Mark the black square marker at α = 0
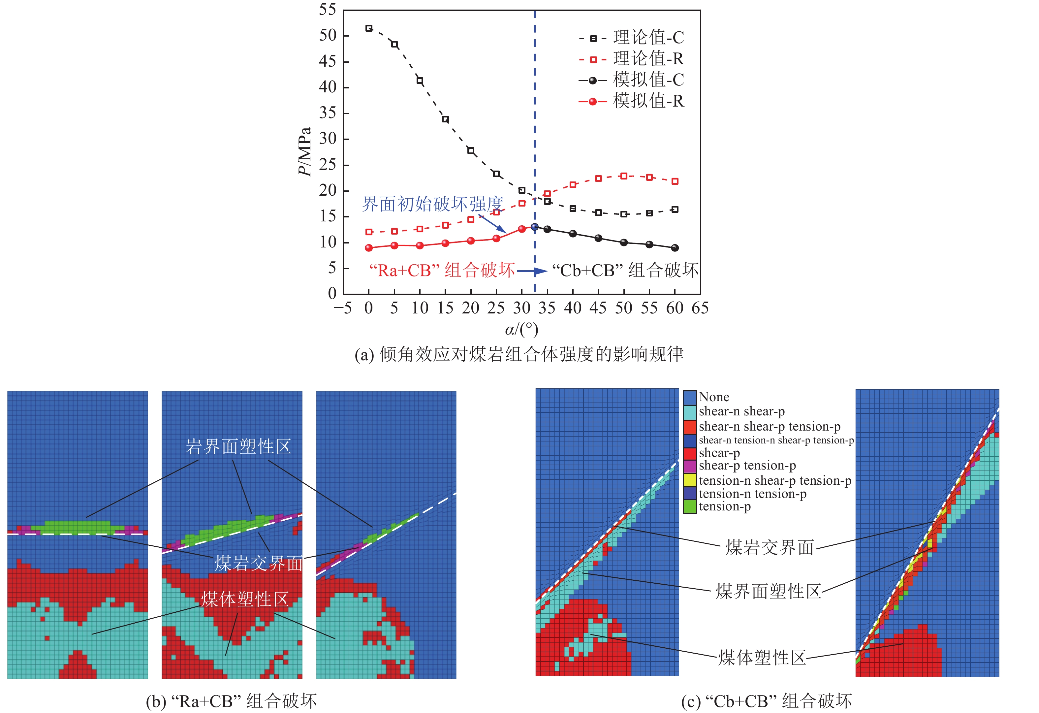coord(369,28)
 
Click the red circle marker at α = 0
coord(369,248)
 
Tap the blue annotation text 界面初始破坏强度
coord(432,204)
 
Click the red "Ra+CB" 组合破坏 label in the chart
coord(442,270)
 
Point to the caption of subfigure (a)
coord(519,354)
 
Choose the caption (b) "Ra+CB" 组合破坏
coord(231,701)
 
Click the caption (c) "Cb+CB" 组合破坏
coord(766,701)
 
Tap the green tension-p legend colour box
coord(690,507)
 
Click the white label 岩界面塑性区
coord(238,446)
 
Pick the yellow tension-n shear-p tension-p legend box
coord(690,480)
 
